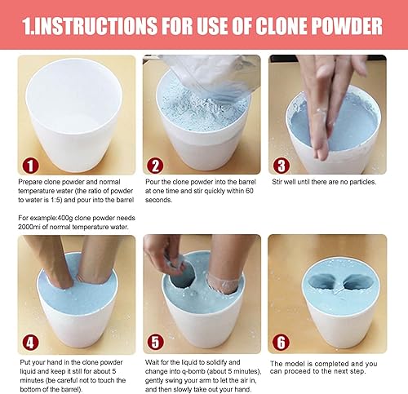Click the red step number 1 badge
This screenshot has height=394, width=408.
tap(30, 166)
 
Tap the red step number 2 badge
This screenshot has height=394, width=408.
tap(155, 166)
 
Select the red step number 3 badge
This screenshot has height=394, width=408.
tap(281, 166)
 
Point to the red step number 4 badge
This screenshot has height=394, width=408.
tap(30, 343)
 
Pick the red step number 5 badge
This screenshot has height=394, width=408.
tap(155, 342)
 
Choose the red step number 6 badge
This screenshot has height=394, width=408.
tap(281, 342)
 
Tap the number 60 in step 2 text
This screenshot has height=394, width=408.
tap(250, 191)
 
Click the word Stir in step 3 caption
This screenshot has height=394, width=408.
tap(277, 182)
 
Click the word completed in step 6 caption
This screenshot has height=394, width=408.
tap(331, 364)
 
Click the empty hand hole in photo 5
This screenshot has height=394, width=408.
tap(182, 276)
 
